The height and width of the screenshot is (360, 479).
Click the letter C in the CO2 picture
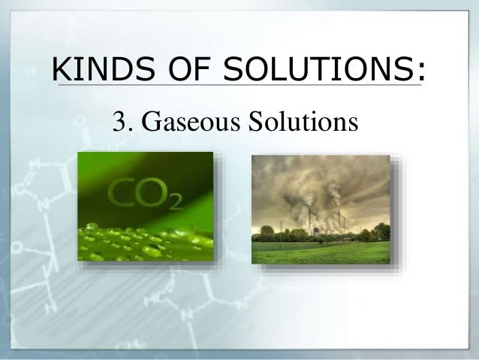[122, 192]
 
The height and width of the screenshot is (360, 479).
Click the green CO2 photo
[146, 206]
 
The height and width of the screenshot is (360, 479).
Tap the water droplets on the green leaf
[135, 241]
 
